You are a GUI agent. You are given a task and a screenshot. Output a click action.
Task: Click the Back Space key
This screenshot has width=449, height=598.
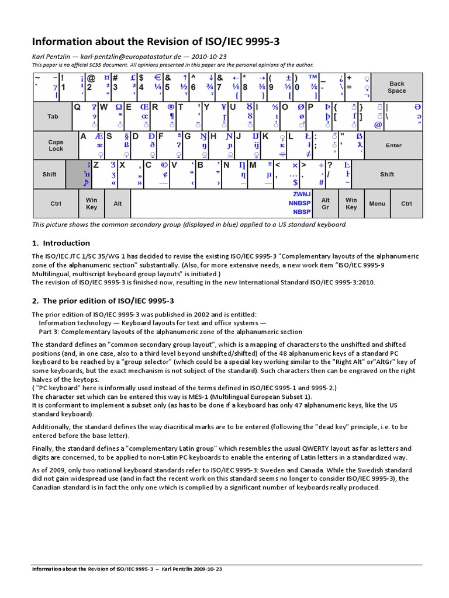(396, 87)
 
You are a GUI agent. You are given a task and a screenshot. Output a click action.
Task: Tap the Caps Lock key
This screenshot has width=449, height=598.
(56, 145)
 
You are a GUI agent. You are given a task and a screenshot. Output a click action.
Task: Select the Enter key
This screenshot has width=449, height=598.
(393, 145)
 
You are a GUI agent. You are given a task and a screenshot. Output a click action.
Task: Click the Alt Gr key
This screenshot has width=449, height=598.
(326, 203)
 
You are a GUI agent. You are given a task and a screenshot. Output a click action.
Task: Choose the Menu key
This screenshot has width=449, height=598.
(377, 204)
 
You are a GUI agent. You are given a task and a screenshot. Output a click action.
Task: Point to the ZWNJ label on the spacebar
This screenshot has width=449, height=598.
(302, 194)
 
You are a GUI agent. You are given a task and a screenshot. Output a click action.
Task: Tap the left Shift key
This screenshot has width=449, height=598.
(50, 175)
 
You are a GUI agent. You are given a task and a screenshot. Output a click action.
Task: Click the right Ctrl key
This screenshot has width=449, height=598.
(406, 204)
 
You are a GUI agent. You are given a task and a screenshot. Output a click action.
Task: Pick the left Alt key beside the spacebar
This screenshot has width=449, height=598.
(118, 204)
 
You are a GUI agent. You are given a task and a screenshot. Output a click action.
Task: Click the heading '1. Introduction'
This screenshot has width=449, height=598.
(61, 243)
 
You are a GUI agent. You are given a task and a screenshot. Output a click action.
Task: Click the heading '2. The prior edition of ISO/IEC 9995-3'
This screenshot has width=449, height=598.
(103, 301)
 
